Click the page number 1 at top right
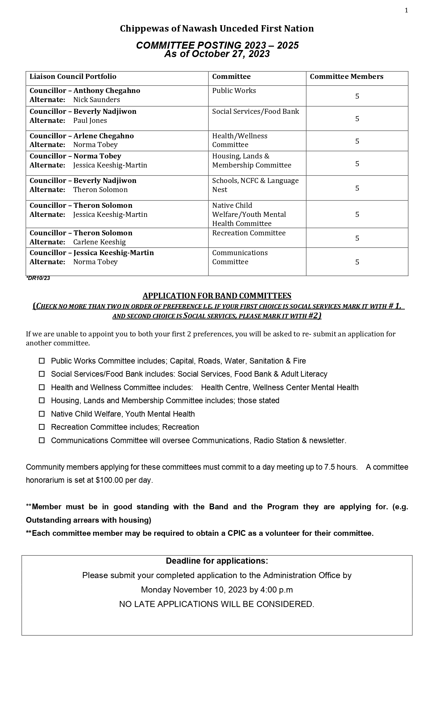[x=407, y=11]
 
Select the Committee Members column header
[x=346, y=77]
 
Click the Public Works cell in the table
[x=234, y=91]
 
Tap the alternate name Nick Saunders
[x=96, y=100]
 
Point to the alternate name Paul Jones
[x=90, y=121]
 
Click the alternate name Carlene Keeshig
[x=99, y=242]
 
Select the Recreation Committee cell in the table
[x=249, y=233]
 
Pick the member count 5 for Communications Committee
[x=357, y=262]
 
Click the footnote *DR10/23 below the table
[x=38, y=278]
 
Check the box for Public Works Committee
[x=42, y=361]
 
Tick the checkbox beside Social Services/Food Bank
[x=42, y=374]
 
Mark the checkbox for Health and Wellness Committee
[x=42, y=387]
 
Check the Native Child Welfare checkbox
[x=42, y=414]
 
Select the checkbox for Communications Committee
[x=42, y=440]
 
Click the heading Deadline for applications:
[x=217, y=561]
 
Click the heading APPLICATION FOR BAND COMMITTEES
[x=217, y=296]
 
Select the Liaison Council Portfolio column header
[x=73, y=77]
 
